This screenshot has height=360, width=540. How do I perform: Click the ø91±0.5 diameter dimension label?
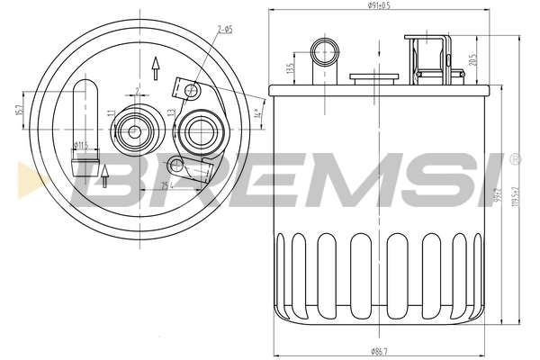point(378,6)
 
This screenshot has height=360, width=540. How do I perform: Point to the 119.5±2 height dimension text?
point(515,192)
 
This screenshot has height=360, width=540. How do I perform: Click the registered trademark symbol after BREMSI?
point(515,159)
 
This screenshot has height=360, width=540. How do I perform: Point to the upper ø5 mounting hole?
point(190,90)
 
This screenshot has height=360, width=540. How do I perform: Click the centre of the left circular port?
point(134,131)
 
